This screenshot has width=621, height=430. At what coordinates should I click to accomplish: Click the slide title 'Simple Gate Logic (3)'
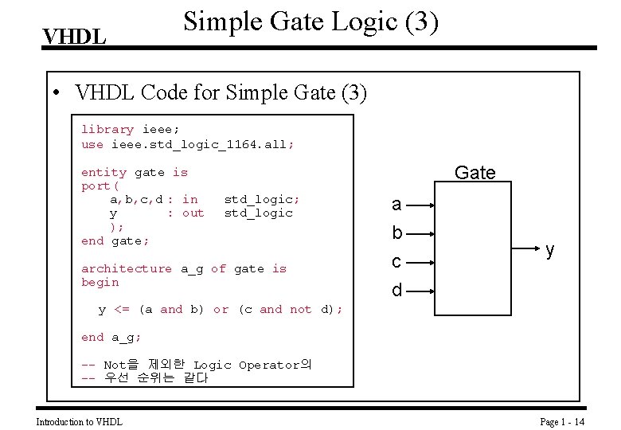(310, 22)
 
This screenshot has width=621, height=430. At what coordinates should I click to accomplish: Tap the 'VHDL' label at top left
(74, 37)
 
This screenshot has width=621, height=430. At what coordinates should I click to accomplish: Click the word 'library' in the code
(107, 129)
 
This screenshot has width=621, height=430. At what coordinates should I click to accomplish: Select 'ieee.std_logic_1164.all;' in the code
(202, 144)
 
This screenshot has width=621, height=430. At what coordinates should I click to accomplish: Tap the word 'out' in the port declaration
(193, 213)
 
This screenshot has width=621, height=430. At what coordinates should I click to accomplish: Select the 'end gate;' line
(115, 240)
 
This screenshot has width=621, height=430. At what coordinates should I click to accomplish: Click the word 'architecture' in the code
(126, 268)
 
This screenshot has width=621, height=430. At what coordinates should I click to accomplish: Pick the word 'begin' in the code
(100, 282)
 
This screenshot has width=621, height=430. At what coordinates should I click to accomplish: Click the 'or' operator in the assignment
(221, 309)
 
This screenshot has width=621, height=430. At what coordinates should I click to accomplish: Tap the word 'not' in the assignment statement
(300, 309)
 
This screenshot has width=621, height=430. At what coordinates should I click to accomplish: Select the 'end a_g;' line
(111, 337)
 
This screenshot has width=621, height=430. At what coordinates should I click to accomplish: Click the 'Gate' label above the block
(475, 173)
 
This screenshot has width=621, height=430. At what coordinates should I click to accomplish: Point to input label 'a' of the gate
(396, 205)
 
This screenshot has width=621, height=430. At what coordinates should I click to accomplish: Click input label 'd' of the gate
(396, 291)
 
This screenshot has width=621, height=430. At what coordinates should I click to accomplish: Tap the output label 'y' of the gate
(549, 250)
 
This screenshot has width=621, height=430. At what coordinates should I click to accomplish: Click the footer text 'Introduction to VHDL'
(80, 421)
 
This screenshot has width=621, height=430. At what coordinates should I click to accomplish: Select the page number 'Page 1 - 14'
(562, 421)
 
